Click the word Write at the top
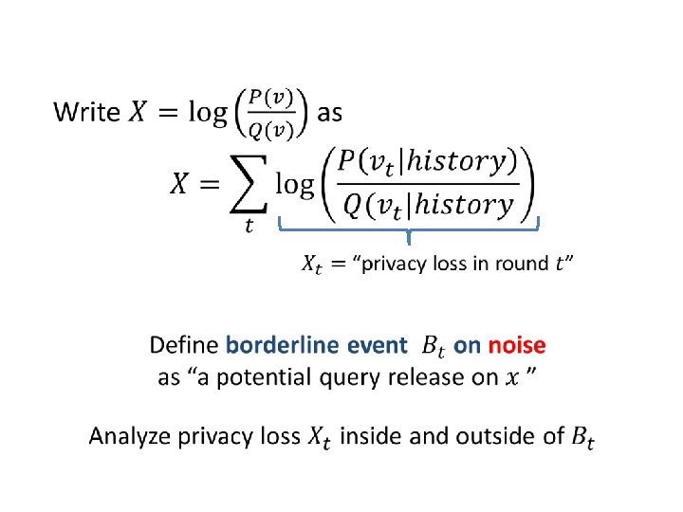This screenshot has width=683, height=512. (x=87, y=113)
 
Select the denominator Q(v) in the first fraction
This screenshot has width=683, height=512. (x=272, y=128)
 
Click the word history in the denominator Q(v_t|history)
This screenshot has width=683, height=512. (x=464, y=203)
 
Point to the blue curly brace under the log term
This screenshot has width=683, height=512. (x=408, y=228)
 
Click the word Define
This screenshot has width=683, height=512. (x=184, y=345)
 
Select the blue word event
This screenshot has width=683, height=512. (x=373, y=345)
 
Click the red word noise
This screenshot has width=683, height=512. (x=517, y=345)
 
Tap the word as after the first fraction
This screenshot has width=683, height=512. (x=329, y=113)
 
